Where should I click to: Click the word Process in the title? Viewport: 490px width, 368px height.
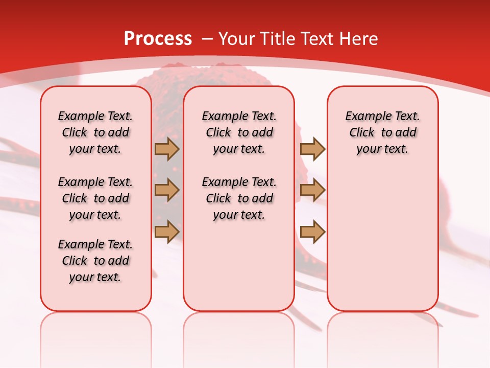pos(158,39)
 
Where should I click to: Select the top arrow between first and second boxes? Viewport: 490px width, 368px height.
pos(167,149)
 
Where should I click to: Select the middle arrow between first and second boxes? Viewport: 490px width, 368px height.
pos(167,190)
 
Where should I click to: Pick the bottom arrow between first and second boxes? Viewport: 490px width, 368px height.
pos(167,232)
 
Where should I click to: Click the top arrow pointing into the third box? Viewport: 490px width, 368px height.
pos(312,149)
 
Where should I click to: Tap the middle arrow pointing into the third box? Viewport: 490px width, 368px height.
pos(312,190)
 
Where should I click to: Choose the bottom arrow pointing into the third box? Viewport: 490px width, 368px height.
pos(312,232)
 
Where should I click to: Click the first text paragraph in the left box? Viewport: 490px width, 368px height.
pos(95,132)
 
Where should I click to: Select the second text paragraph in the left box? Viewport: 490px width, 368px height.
pos(95,198)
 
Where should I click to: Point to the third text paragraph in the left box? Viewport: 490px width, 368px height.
pos(95,261)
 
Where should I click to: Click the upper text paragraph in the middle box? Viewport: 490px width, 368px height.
pos(239,132)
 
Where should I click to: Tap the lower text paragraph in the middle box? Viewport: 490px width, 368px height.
pos(239,198)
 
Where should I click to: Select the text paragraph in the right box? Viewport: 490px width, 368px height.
pos(382,132)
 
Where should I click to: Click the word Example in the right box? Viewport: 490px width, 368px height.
pos(364,117)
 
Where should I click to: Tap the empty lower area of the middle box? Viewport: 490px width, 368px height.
pos(239,266)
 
